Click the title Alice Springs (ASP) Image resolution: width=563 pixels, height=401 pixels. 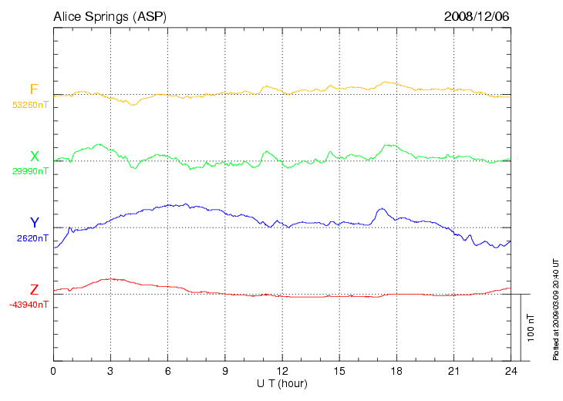click(110, 16)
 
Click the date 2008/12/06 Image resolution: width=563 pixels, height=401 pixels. click(477, 16)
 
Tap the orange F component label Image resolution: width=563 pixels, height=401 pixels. click(34, 89)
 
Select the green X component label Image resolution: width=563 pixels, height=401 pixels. click(34, 157)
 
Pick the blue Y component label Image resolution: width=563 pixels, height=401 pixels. click(34, 223)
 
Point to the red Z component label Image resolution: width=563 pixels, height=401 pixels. click(34, 290)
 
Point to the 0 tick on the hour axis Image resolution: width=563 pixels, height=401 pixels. click(53, 371)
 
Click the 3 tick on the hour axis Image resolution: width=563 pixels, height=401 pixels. click(110, 371)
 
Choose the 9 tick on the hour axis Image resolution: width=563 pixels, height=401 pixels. click(224, 371)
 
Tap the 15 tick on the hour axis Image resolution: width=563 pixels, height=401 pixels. click(339, 371)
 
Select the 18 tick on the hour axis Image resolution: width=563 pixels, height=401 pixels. click(396, 371)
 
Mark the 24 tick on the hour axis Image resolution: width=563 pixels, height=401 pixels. click(511, 371)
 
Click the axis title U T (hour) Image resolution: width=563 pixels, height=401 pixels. click(281, 383)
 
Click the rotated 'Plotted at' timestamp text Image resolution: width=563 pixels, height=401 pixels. click(555, 308)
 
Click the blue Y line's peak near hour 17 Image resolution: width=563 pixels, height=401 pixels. click(380, 208)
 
